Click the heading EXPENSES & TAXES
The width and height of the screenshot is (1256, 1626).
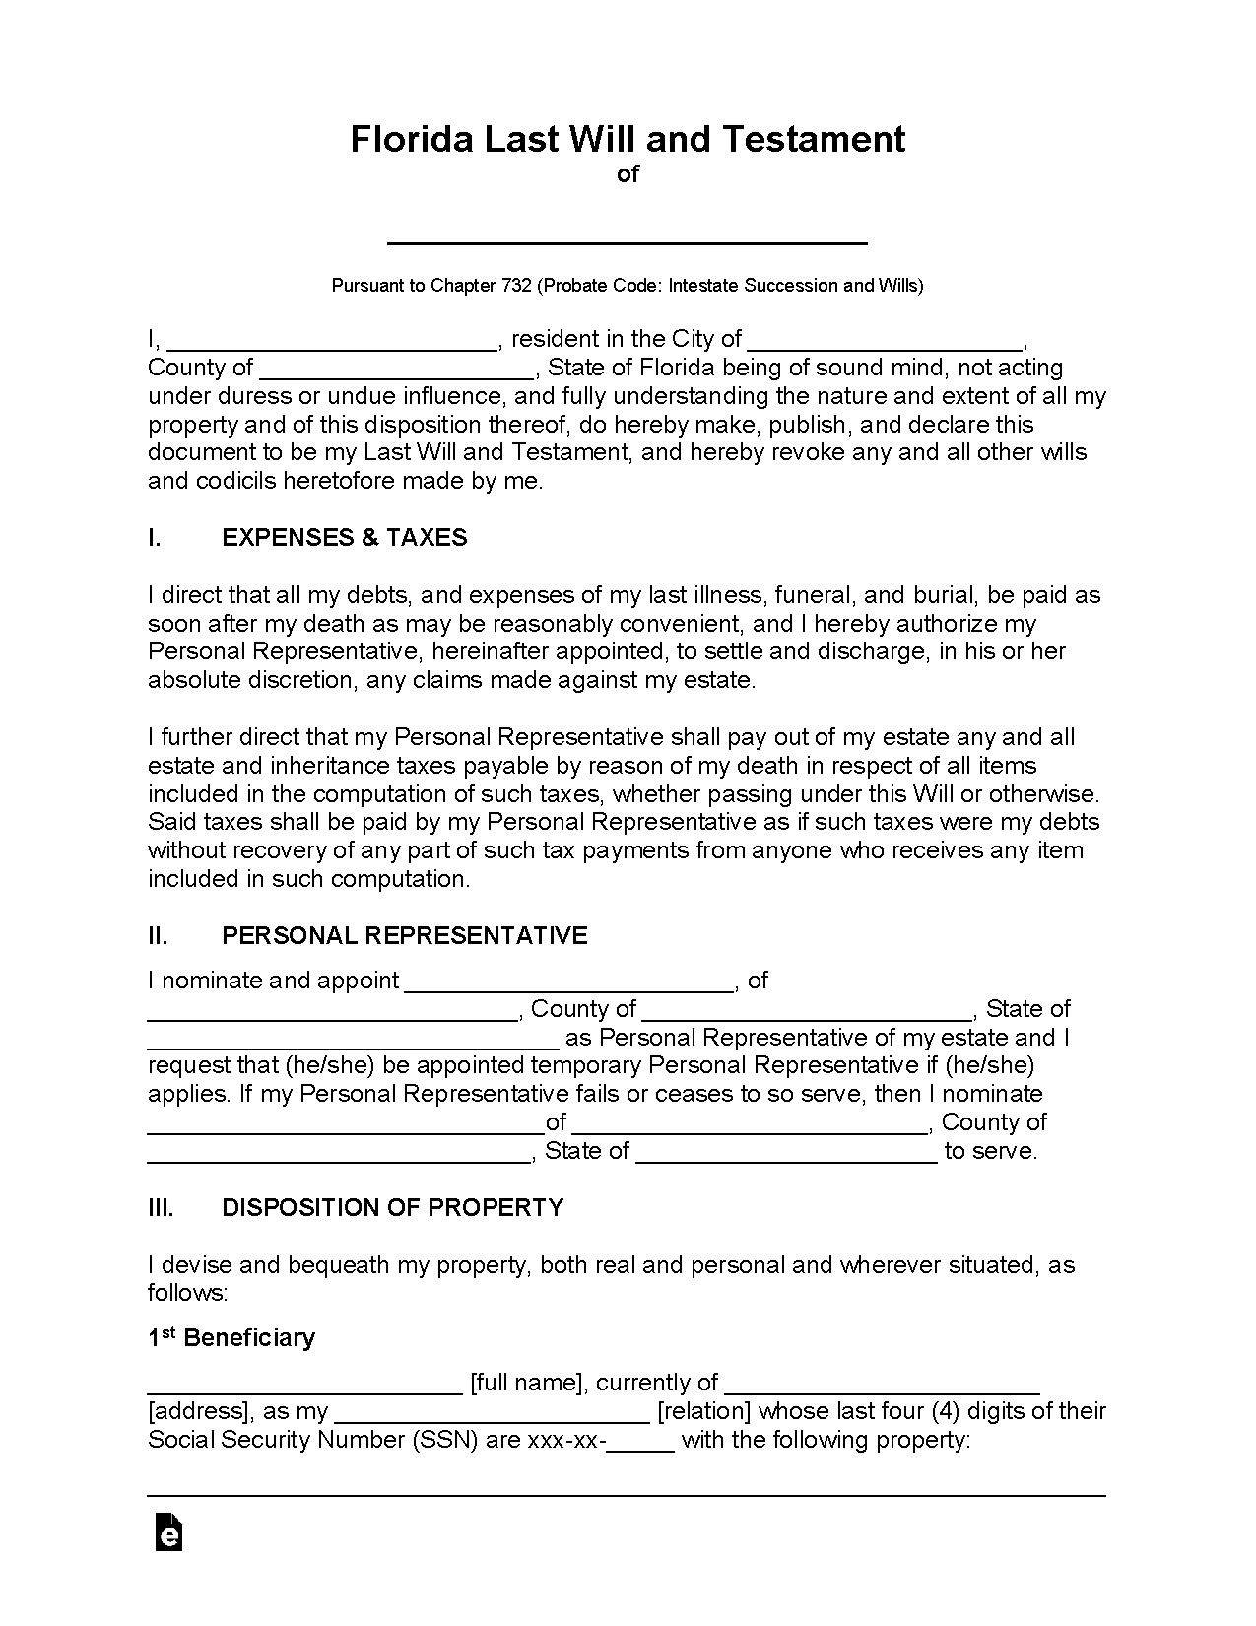pyautogui.click(x=345, y=537)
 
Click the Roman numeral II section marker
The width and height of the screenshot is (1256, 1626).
pyautogui.click(x=158, y=935)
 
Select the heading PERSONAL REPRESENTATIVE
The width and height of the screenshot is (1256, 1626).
pyautogui.click(x=405, y=935)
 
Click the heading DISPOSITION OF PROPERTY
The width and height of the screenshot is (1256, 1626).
pyautogui.click(x=393, y=1207)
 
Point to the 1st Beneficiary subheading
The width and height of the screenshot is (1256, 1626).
pyautogui.click(x=231, y=1337)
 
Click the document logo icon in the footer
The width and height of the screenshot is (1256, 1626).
pyautogui.click(x=168, y=1532)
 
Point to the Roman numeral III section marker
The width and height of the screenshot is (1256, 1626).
pyautogui.click(x=161, y=1207)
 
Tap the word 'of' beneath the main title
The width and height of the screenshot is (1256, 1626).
pyautogui.click(x=628, y=174)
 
